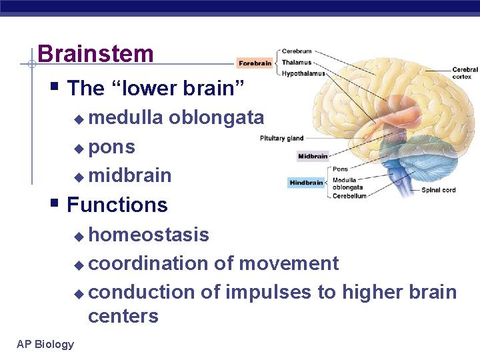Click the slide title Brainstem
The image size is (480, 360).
point(95,54)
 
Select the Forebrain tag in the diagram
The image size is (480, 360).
point(255,63)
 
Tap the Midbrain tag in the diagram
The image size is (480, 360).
point(313,157)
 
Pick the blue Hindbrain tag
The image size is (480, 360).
point(307,183)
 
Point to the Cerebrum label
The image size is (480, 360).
point(296,51)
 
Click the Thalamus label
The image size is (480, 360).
point(296,62)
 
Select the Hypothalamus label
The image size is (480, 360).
point(303,73)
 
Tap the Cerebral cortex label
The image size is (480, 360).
point(465,73)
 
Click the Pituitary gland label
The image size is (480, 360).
point(281,139)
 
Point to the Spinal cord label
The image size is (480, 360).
point(439,190)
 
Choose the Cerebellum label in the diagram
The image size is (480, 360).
point(349,196)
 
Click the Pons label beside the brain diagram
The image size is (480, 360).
point(340,169)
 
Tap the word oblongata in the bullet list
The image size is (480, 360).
point(216,118)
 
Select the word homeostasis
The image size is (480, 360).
point(149,235)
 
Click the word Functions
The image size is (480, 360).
point(117,205)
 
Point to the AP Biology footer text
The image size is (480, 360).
point(45,344)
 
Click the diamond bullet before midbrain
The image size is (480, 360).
point(79,177)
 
